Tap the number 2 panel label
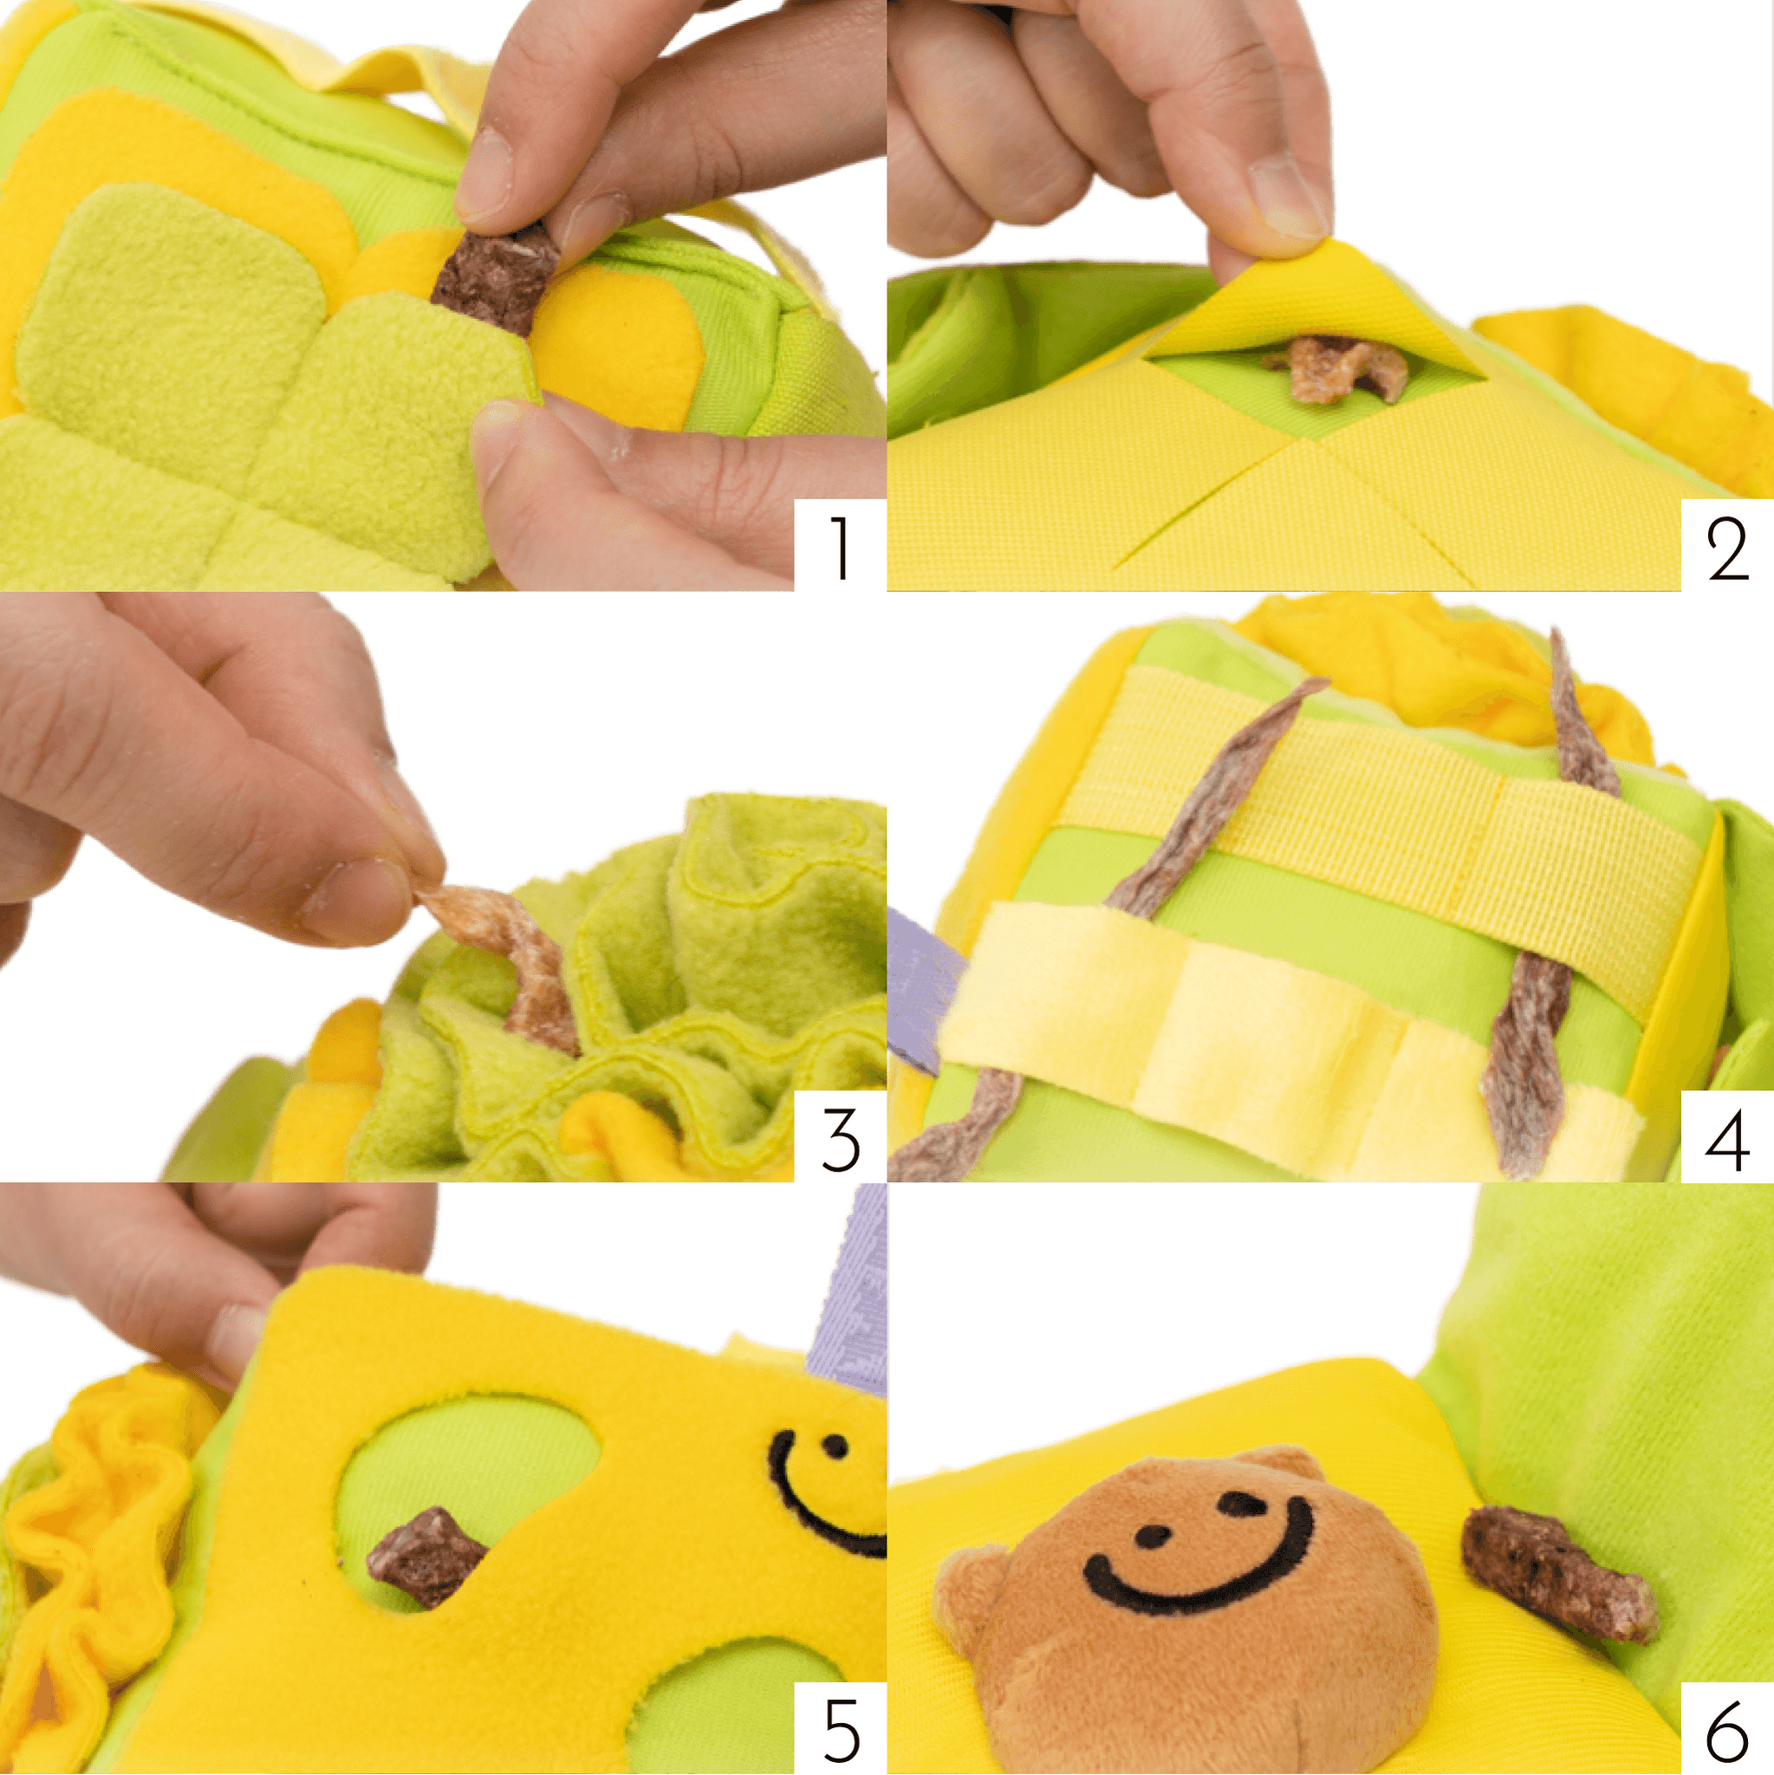(1727, 549)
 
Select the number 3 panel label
(841, 1139)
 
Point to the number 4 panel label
(1727, 1139)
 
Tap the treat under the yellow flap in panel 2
(1336, 367)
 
